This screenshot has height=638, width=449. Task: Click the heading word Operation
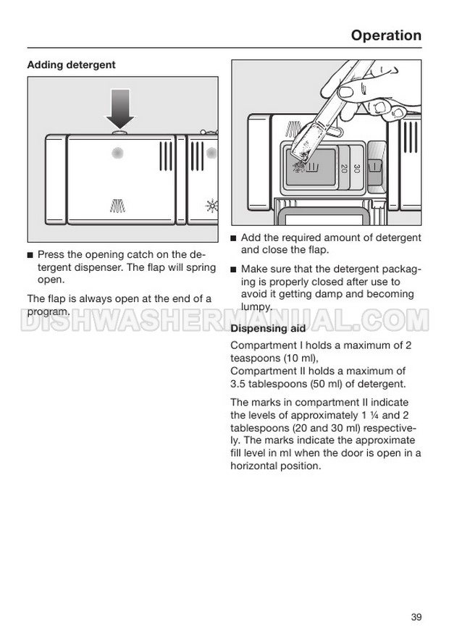point(385,35)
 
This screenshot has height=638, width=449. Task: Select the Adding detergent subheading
point(71,65)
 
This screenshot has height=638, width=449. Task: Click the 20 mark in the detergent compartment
point(344,169)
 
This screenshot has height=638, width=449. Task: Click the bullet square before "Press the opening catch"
point(30,256)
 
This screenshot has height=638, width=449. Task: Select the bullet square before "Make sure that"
point(234,269)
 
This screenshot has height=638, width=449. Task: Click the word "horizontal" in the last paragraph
point(256,466)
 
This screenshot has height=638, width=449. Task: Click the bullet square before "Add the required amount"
point(234,238)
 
